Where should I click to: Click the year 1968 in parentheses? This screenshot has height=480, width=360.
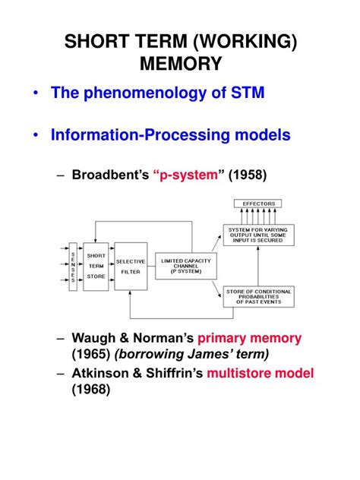92,390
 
